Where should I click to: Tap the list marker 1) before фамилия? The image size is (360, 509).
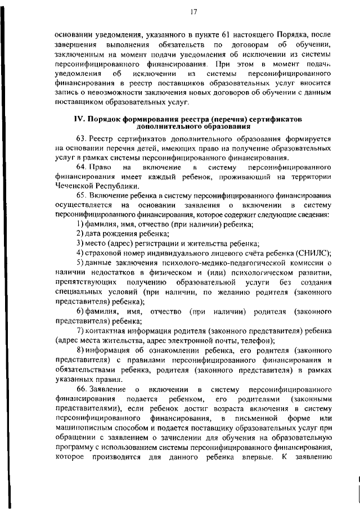click(80, 224)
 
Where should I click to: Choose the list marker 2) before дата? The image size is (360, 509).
click(80, 233)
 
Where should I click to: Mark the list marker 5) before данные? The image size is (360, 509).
click(80, 263)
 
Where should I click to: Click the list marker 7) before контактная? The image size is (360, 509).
click(80, 330)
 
